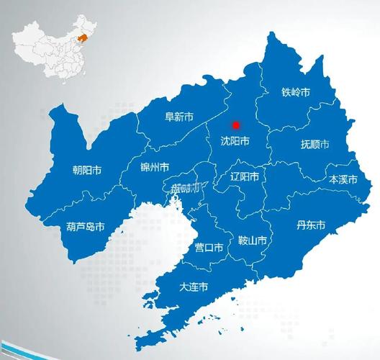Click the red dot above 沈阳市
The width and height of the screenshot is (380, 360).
point(235,125)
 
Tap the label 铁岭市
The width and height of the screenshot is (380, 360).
point(296,92)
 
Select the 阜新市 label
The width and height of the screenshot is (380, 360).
point(178,116)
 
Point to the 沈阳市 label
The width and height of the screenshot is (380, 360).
point(235,142)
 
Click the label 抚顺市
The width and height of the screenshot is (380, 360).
point(315,145)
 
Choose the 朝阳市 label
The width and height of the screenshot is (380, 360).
point(86,171)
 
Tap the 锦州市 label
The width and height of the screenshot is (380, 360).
point(155,166)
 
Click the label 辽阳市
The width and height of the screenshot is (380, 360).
point(245,176)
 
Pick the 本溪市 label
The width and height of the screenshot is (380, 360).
point(343,179)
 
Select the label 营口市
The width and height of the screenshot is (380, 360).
point(209,247)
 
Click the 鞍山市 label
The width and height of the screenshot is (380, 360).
point(252,240)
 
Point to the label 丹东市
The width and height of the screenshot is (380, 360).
point(311,225)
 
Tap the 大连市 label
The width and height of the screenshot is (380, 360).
point(194,286)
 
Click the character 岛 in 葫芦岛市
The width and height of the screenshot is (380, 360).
point(89,226)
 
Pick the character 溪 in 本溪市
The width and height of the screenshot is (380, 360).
point(343,179)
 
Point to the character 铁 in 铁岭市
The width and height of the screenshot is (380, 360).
point(286,92)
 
